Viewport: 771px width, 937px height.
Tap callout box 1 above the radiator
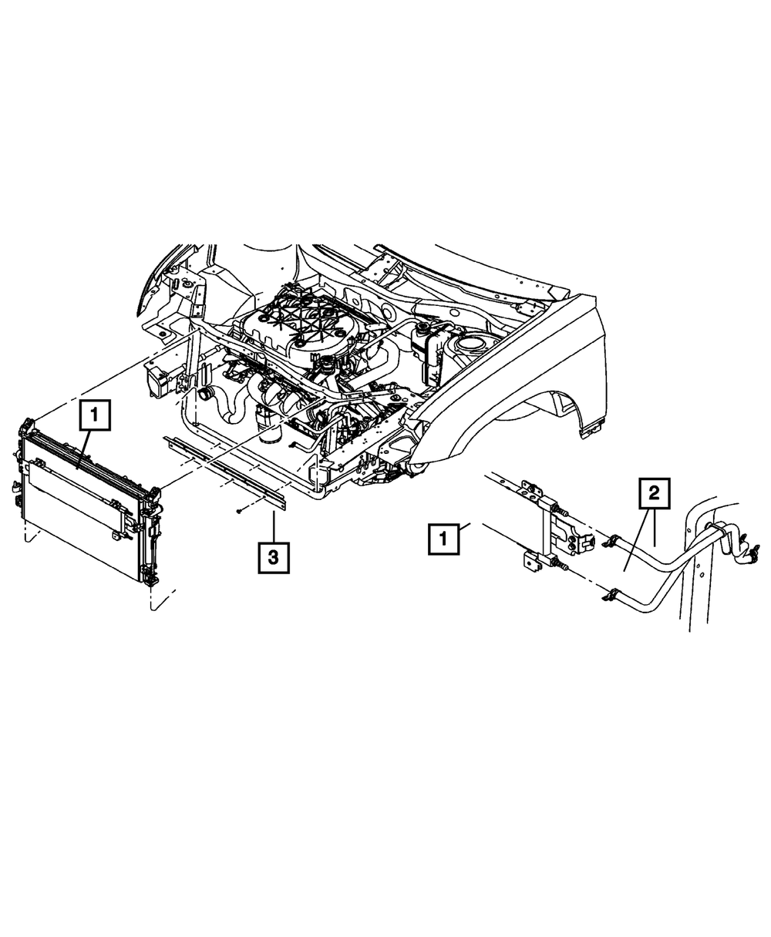95,416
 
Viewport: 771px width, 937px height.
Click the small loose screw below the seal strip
241,511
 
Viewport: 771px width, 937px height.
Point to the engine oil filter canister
271,428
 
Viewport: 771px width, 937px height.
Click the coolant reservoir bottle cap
423,329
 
